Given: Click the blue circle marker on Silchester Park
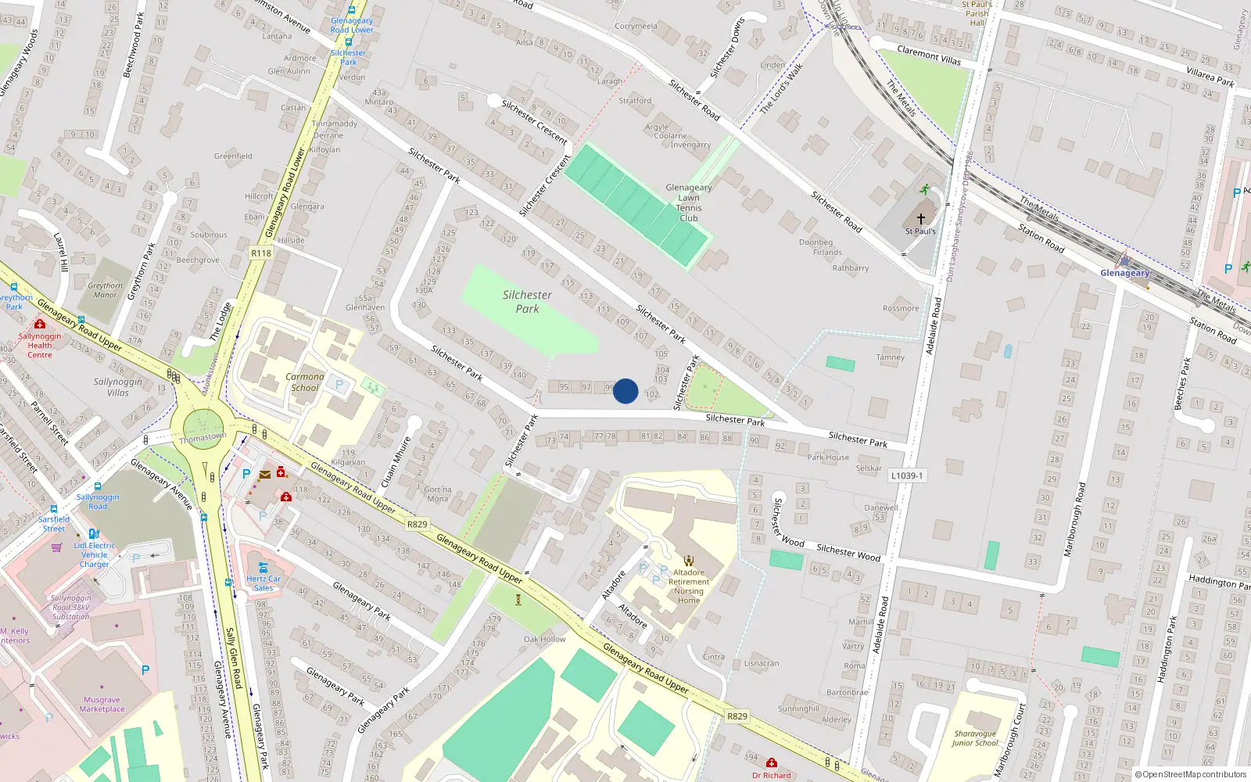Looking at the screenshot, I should pyautogui.click(x=625, y=391).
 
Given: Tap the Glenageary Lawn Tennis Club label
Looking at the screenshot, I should pyautogui.click(x=689, y=203).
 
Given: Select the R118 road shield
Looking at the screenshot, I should pyautogui.click(x=261, y=253).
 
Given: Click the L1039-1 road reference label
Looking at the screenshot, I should pyautogui.click(x=907, y=475).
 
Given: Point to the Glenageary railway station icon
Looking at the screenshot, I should pyautogui.click(x=1124, y=260).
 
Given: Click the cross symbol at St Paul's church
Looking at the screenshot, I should pyautogui.click(x=920, y=219).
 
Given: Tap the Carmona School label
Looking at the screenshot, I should pyautogui.click(x=305, y=382).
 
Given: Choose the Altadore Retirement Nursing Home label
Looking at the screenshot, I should pyautogui.click(x=689, y=586).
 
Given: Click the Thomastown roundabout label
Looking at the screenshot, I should pyautogui.click(x=203, y=438).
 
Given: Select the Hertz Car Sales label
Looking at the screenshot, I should pyautogui.click(x=263, y=583).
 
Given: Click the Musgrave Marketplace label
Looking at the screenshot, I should pyautogui.click(x=102, y=705).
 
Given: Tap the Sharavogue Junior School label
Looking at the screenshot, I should pyautogui.click(x=975, y=738).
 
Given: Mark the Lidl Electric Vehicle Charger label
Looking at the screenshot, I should pyautogui.click(x=95, y=554).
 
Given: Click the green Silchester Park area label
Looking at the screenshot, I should pyautogui.click(x=527, y=301).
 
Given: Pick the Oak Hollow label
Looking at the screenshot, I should pyautogui.click(x=545, y=639).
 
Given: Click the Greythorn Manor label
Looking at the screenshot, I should pyautogui.click(x=106, y=290).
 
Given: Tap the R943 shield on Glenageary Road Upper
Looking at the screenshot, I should pyautogui.click(x=737, y=716).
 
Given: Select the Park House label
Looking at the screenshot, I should pyautogui.click(x=828, y=457).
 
